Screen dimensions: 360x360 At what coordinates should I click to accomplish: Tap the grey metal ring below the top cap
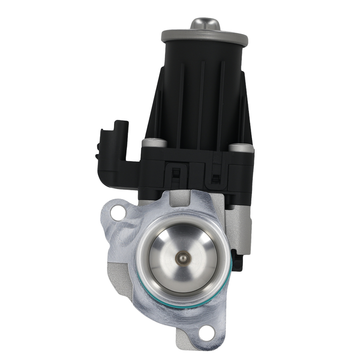(x=204, y=36)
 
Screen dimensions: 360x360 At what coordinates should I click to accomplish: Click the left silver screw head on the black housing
(x=154, y=143)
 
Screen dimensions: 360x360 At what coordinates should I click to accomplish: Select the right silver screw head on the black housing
(x=241, y=147)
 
